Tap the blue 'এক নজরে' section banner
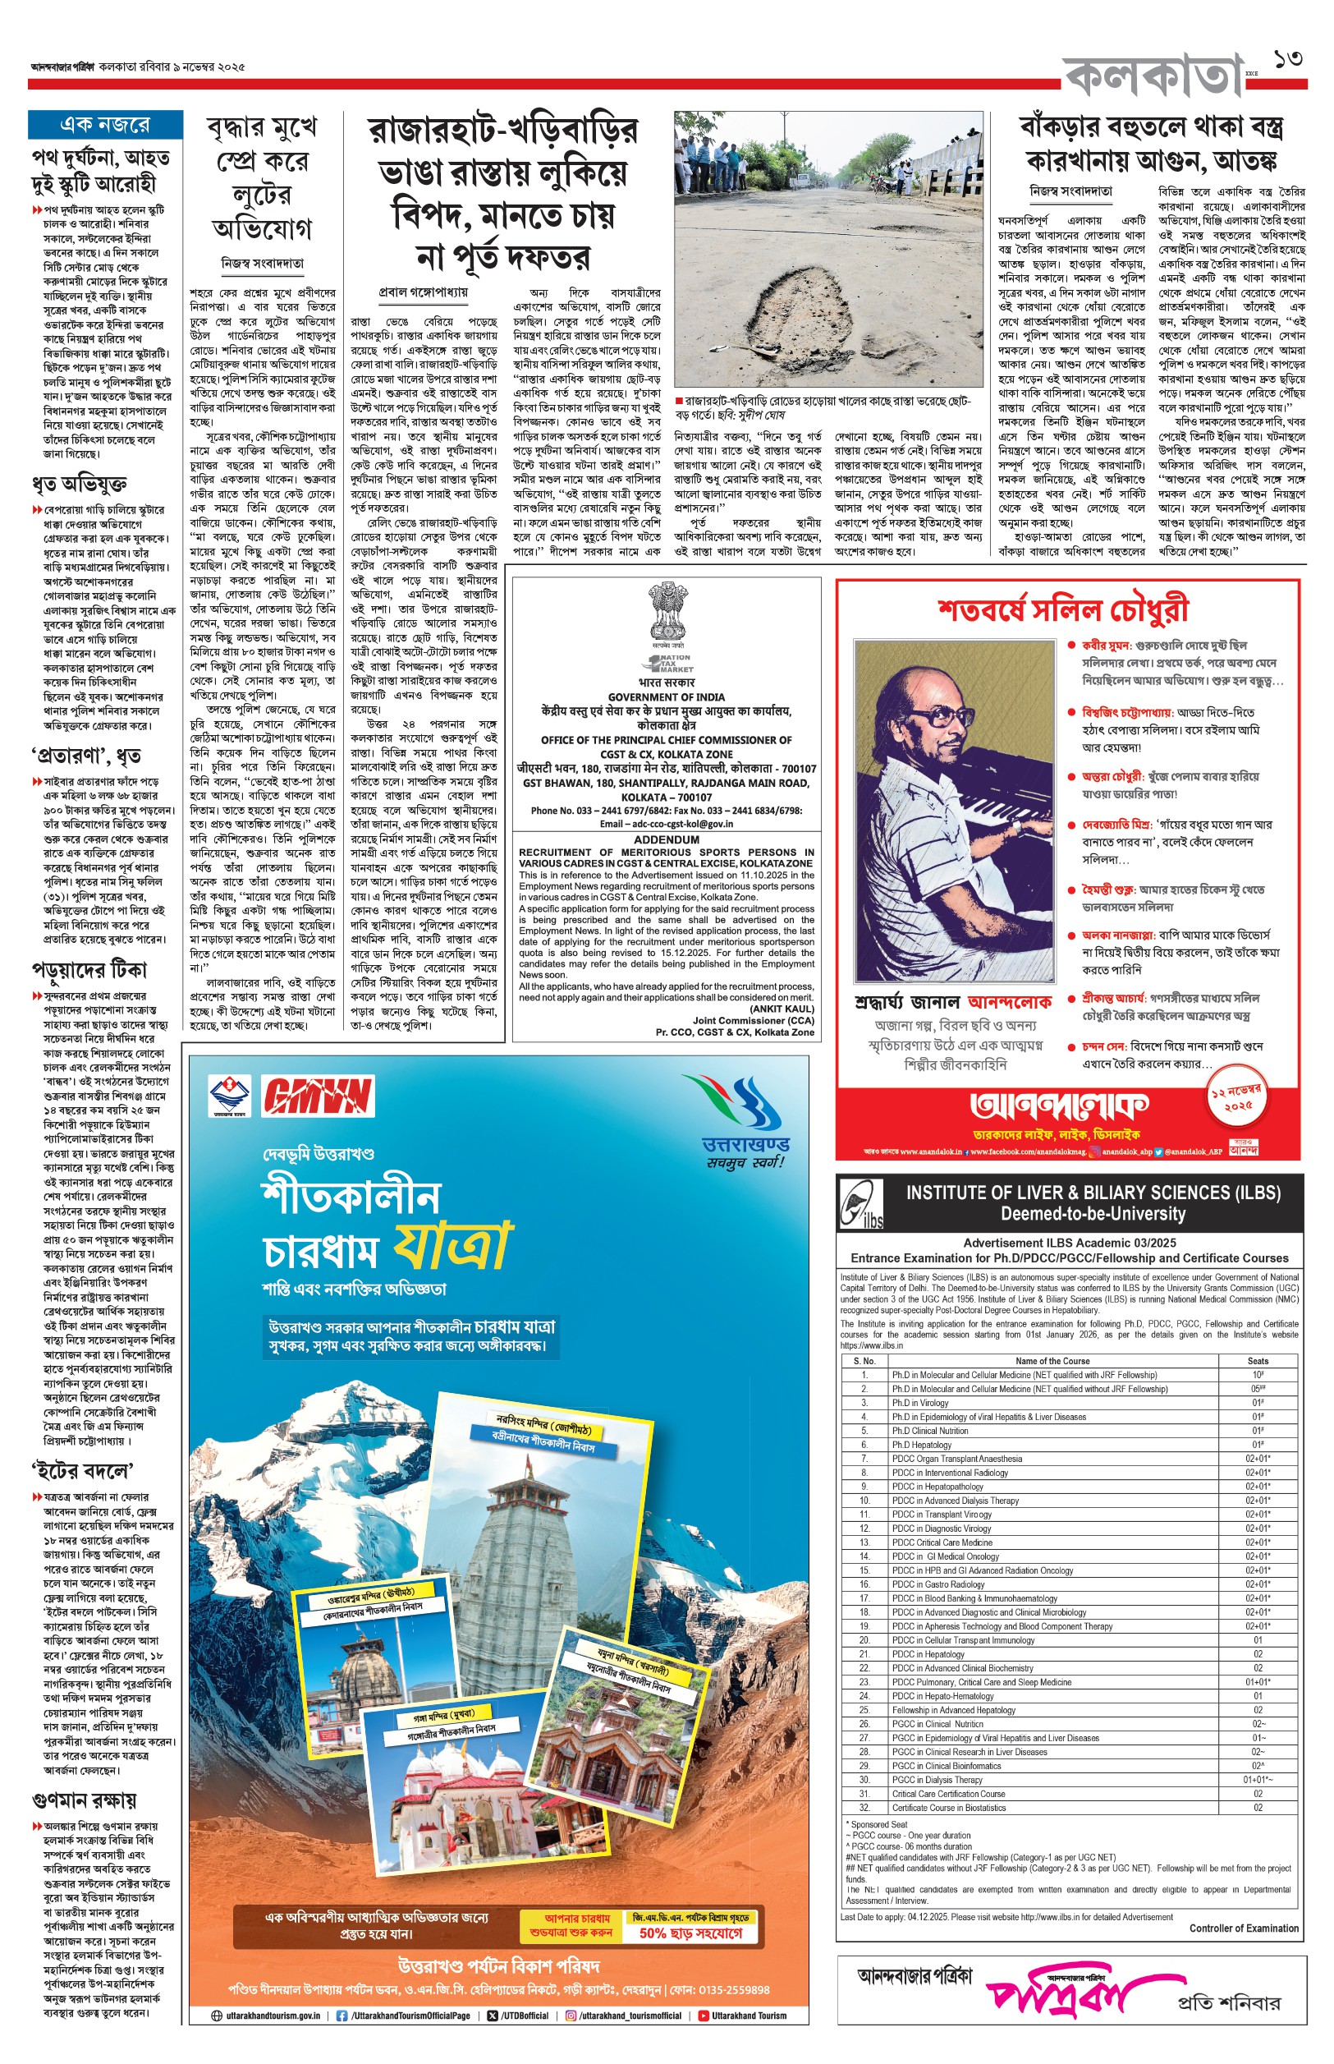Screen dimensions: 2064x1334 tap(105, 125)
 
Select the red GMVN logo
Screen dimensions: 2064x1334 tap(318, 1096)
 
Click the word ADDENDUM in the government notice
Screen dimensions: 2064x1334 tap(666, 839)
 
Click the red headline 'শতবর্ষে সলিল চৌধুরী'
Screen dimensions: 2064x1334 tap(1063, 609)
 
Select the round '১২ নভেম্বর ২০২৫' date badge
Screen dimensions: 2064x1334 tap(1238, 1100)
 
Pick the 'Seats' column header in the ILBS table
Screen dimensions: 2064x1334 tap(1258, 1360)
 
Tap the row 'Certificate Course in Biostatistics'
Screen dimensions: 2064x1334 tap(948, 1808)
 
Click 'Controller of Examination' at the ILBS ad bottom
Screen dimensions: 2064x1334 tap(1243, 1928)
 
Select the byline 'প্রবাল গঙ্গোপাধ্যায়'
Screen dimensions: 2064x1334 tap(424, 292)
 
